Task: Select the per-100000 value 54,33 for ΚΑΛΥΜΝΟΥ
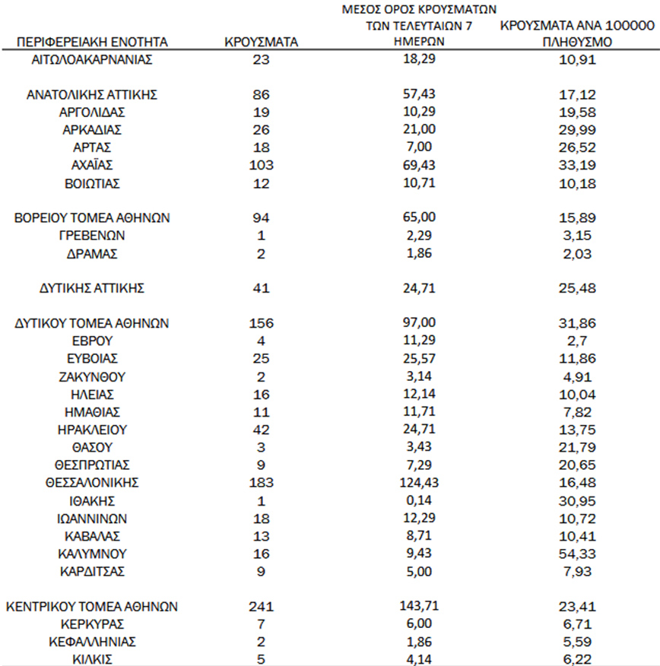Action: [x=578, y=553]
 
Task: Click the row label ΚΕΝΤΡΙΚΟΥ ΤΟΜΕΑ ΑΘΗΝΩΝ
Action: [x=92, y=607]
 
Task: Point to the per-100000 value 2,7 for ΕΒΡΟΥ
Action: [x=578, y=341]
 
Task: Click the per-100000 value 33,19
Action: [x=578, y=166]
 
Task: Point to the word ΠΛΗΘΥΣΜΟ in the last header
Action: [x=578, y=43]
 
